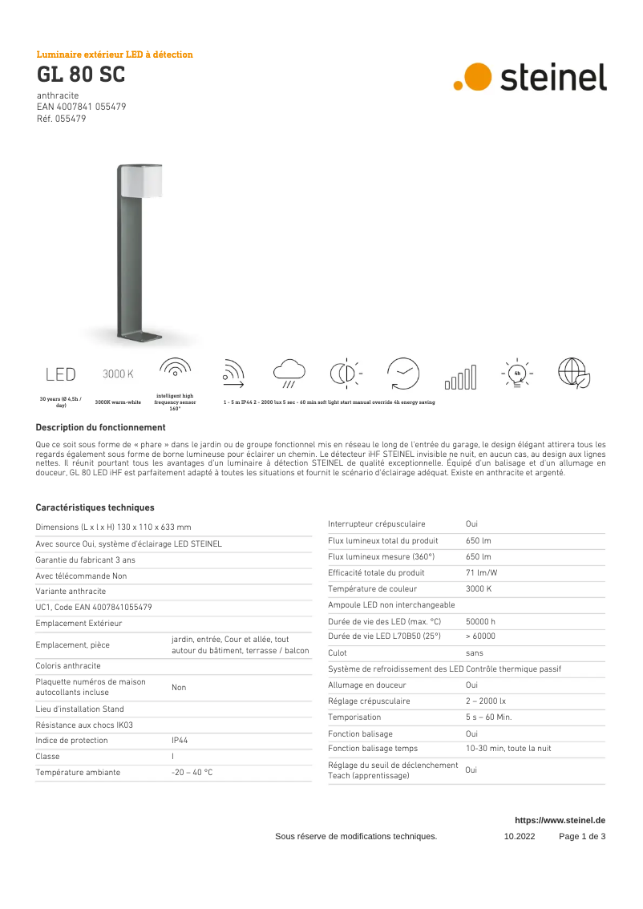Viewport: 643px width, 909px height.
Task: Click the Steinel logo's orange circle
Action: pos(479,76)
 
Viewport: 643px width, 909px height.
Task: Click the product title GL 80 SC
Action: pos(80,75)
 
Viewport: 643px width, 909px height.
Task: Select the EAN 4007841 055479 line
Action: pos(81,107)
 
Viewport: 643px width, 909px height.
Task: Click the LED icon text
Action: pos(60,374)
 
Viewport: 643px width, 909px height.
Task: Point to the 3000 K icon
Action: pos(118,374)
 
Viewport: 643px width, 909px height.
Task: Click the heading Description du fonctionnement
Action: pos(100,427)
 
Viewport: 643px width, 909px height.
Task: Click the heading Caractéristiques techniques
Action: pos(95,507)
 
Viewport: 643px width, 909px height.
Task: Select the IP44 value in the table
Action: pos(180,741)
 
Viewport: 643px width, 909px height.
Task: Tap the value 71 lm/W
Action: pos(481,572)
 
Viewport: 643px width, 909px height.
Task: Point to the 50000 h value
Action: pos(480,620)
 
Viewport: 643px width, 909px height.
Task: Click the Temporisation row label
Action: pos(354,717)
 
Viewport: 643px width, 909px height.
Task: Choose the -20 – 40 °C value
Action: pos(192,772)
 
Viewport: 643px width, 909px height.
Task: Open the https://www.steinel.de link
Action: pos(560,820)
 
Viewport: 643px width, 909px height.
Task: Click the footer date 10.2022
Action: pos(519,836)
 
